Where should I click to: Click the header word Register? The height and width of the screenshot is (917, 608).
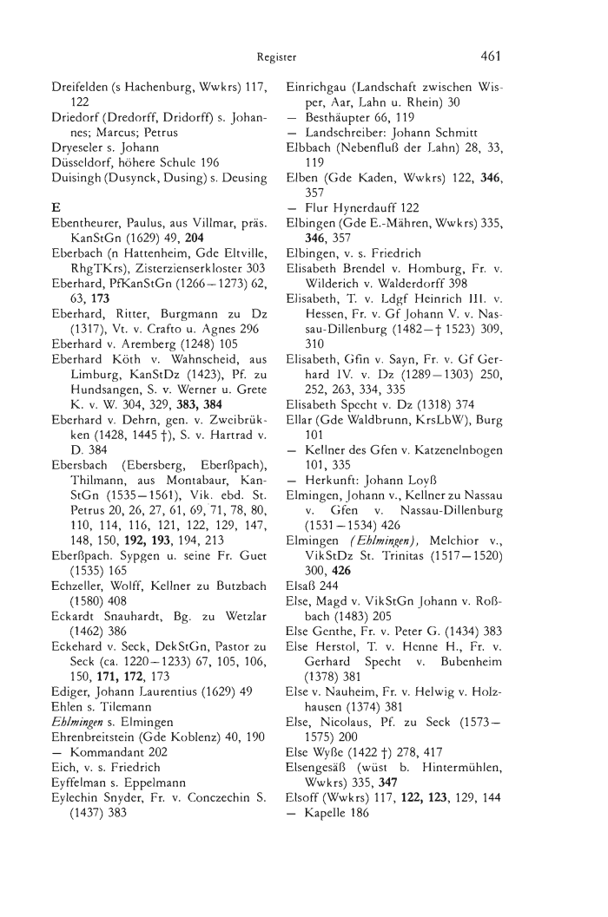tap(277, 58)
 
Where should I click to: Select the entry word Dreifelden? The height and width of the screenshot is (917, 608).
tap(80, 87)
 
